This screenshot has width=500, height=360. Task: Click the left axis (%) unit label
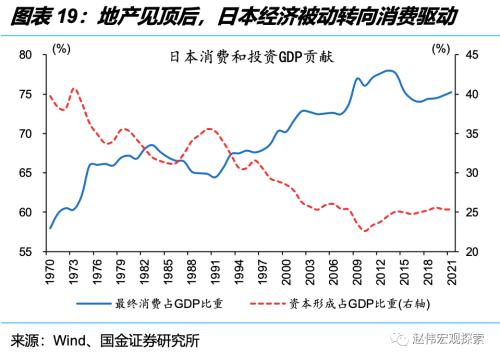pos(62,47)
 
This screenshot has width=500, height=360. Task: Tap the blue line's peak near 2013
pos(389,71)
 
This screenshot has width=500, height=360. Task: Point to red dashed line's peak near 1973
pos(73,88)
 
